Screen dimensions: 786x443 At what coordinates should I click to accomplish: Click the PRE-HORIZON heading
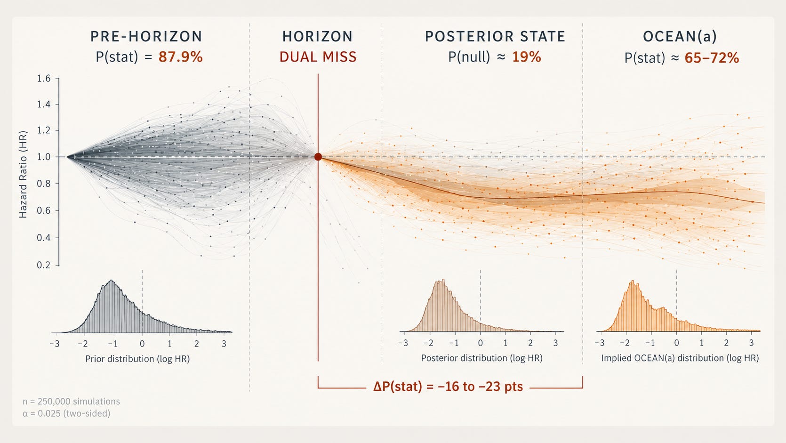click(146, 37)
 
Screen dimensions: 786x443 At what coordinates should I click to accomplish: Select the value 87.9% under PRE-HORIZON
click(180, 57)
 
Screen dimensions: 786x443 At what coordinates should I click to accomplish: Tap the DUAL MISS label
click(318, 57)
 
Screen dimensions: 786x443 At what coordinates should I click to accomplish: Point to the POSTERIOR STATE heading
click(495, 37)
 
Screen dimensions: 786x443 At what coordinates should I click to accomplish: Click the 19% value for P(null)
click(526, 57)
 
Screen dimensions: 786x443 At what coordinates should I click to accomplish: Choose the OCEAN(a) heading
click(680, 37)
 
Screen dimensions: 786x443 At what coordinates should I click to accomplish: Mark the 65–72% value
click(712, 58)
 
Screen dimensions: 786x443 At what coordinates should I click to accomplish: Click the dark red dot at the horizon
click(318, 157)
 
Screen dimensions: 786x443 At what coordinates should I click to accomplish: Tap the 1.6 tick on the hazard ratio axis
click(44, 78)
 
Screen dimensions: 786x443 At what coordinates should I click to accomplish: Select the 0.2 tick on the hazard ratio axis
click(44, 265)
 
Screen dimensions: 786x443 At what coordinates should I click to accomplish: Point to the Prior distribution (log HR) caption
click(137, 359)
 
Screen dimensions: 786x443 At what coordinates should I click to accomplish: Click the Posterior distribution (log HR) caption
click(482, 358)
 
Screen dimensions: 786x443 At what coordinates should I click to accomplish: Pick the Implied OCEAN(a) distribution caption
click(680, 358)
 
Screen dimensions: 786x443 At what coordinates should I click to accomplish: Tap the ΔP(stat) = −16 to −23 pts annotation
click(448, 387)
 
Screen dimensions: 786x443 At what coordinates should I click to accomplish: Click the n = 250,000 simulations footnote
click(71, 401)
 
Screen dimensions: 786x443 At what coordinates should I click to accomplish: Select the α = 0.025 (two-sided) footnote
click(66, 413)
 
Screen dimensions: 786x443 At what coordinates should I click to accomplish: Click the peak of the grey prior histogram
click(111, 280)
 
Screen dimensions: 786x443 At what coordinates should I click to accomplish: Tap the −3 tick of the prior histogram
click(55, 344)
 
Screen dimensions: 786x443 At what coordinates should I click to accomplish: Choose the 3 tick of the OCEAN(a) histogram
click(752, 343)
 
